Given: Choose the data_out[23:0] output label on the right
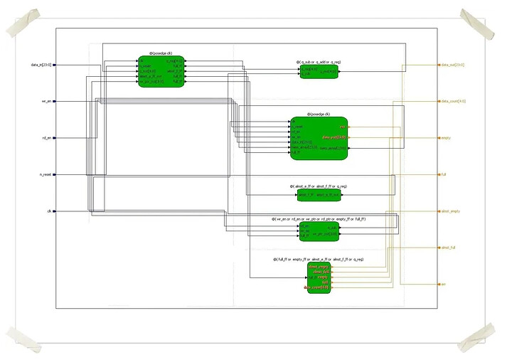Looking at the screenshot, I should point(454,65).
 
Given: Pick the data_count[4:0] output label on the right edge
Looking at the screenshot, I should point(454,101).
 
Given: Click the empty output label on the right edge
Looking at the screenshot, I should point(447,137).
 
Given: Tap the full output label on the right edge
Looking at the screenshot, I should point(444,174).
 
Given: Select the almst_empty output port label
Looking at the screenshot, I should point(451,211).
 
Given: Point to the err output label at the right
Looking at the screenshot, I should point(444,285).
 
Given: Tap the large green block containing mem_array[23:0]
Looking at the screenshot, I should point(319,137).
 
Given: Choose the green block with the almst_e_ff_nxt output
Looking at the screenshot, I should point(319,194).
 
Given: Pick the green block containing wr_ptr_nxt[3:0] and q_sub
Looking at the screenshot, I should point(319,230).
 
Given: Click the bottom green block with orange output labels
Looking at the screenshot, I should point(319,277).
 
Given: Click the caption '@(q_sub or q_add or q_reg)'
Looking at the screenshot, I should point(319,62).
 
